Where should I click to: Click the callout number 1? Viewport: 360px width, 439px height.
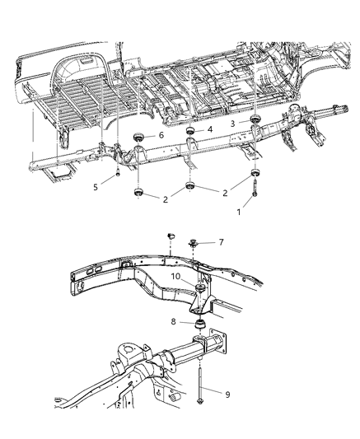coord(239,212)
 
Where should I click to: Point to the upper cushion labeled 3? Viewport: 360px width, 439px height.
coord(255,124)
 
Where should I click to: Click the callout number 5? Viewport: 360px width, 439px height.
coord(96,187)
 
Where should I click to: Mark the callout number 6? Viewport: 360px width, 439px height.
coord(161,135)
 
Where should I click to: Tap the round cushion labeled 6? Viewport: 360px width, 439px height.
coord(138,136)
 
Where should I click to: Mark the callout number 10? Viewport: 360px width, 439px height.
coord(176,278)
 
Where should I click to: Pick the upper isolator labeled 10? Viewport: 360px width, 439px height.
coord(198,288)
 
